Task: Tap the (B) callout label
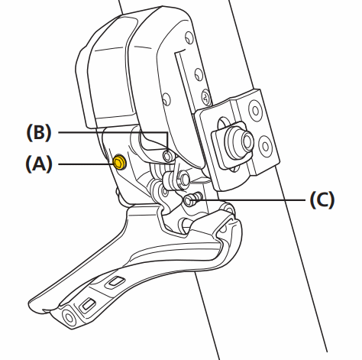coord(38,132)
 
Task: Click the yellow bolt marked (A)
coord(119,162)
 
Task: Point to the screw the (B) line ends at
coord(170,157)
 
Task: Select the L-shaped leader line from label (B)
coord(115,132)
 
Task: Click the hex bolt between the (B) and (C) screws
coord(184,180)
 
